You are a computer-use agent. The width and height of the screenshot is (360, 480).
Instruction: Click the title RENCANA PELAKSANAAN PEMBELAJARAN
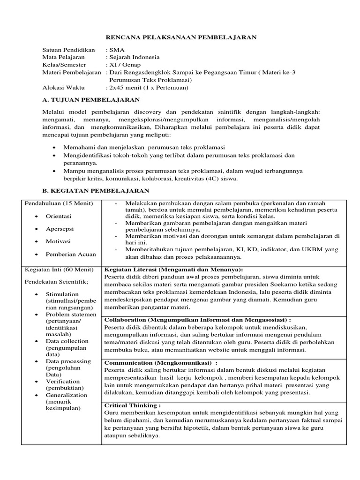click(x=180, y=37)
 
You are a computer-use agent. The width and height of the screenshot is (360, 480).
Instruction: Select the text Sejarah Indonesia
click(x=134, y=57)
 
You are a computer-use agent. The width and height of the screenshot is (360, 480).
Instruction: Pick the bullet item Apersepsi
click(x=60, y=229)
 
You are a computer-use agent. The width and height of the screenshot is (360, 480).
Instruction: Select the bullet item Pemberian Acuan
click(x=70, y=254)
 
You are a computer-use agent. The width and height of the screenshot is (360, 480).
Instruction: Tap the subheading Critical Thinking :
click(x=132, y=405)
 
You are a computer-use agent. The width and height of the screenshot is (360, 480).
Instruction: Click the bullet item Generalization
click(x=66, y=395)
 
